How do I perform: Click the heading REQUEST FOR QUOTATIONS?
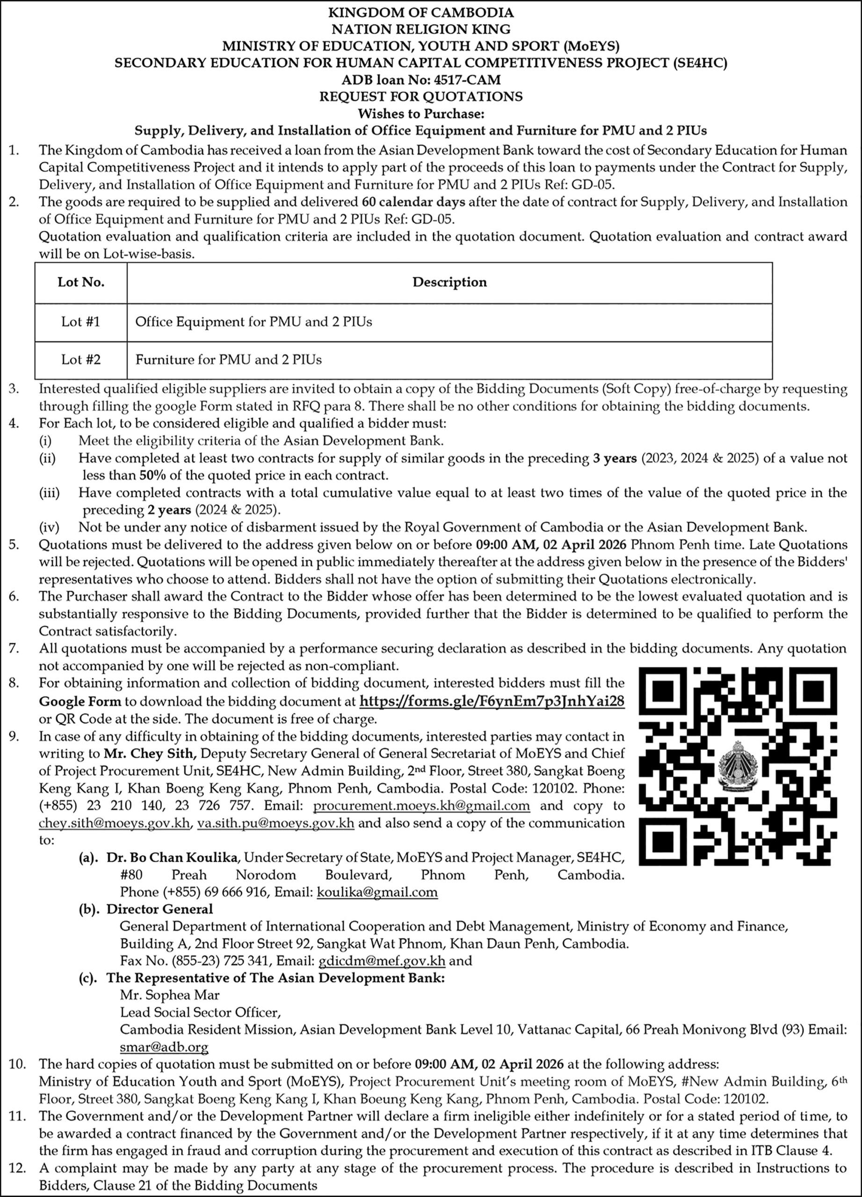click(420, 96)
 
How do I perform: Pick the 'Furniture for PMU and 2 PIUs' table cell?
click(229, 360)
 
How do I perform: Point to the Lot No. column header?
click(81, 282)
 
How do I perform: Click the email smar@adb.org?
click(164, 1046)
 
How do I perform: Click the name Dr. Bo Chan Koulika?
click(172, 858)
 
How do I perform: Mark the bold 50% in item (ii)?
click(153, 475)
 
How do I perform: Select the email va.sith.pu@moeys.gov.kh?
click(275, 823)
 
